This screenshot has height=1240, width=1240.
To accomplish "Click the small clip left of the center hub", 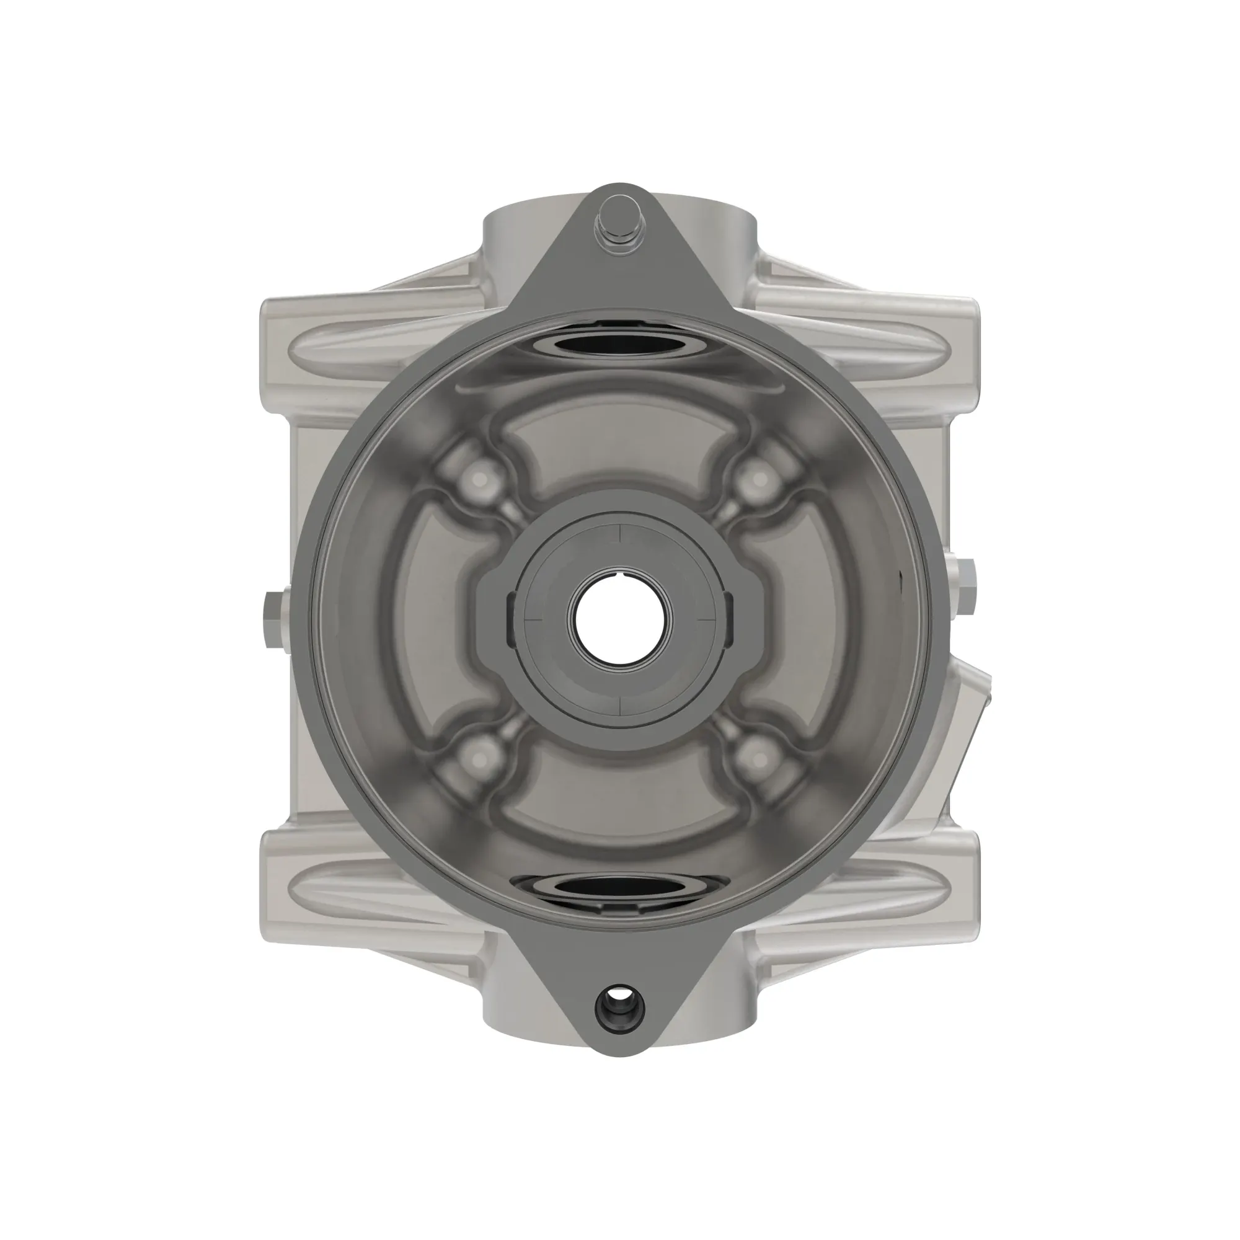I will tap(511, 619).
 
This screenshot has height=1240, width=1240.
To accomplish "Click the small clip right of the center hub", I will tap(729, 619).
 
